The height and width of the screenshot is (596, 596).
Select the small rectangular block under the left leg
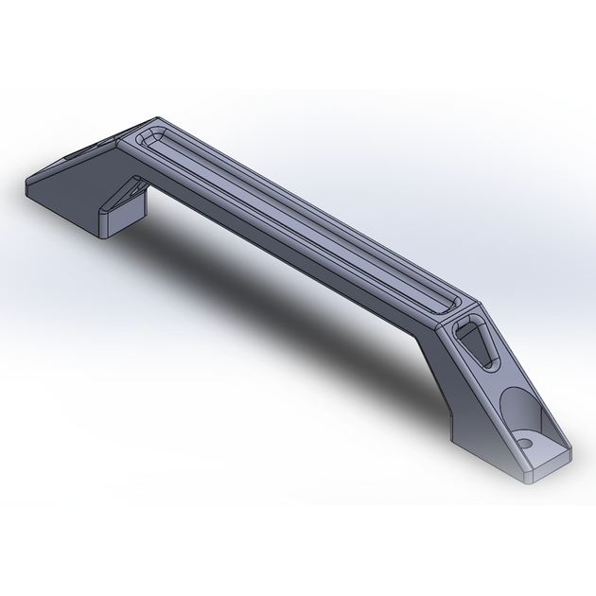(117, 221)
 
